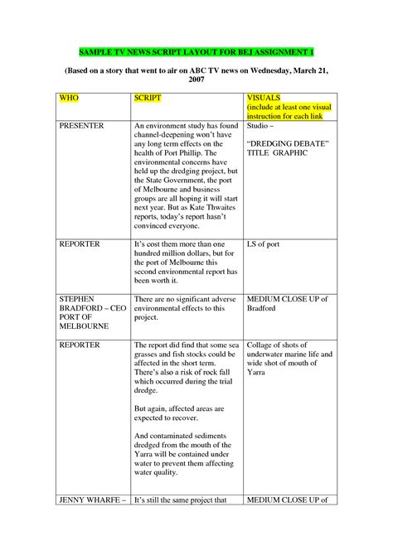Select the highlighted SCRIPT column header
tap(148, 98)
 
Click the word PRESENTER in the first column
tap(81, 126)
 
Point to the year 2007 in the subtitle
tap(196, 81)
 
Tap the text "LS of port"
tap(266, 244)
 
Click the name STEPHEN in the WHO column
tap(76, 297)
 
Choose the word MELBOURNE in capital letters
tap(84, 327)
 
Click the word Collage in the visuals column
tap(263, 345)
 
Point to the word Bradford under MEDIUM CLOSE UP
tap(264, 307)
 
